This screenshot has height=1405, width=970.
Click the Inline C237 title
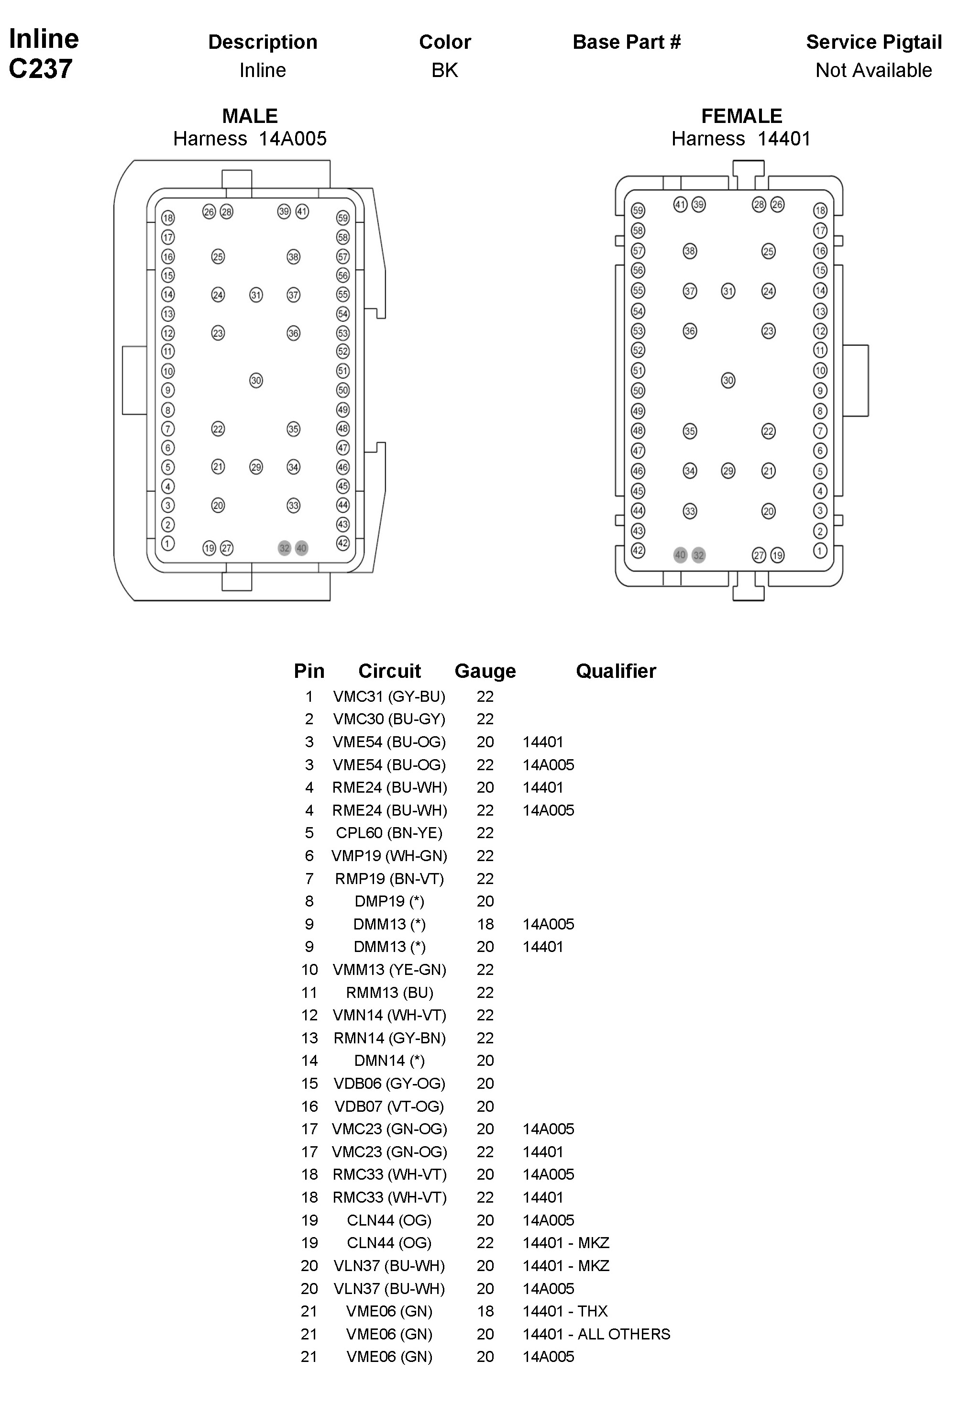[x=43, y=54]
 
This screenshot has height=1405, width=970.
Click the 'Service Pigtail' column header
[x=873, y=42]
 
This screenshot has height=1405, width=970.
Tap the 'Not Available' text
[x=873, y=70]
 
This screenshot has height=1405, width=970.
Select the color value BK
[x=444, y=70]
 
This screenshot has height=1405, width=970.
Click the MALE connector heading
[x=250, y=115]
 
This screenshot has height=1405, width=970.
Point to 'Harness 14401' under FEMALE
[x=741, y=139]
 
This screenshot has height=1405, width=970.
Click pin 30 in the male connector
[x=256, y=380]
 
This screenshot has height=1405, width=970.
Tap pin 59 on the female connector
[x=638, y=211]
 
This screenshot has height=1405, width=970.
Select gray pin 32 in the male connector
[x=285, y=548]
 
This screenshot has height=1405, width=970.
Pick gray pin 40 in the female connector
[x=680, y=555]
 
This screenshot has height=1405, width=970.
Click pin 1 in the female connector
[x=820, y=551]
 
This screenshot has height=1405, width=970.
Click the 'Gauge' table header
[x=485, y=671]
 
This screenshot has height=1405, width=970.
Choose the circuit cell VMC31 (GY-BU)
[x=389, y=697]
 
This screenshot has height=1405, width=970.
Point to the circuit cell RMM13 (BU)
[x=389, y=992]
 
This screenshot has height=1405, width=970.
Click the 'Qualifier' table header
[x=616, y=671]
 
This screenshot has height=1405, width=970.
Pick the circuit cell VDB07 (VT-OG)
[x=389, y=1106]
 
